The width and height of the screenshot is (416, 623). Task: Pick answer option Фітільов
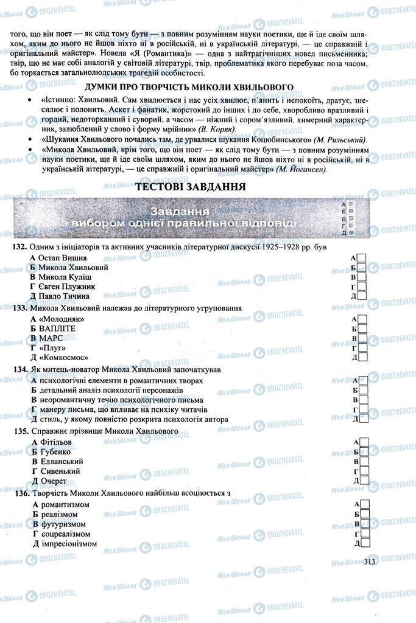(58, 441)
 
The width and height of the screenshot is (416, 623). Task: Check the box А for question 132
(362, 258)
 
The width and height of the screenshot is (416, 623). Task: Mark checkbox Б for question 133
(362, 329)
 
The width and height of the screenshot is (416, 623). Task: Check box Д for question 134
(362, 419)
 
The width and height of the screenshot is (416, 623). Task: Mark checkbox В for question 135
(362, 461)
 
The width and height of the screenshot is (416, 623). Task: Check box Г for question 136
(362, 534)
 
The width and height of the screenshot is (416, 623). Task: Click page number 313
(368, 562)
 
